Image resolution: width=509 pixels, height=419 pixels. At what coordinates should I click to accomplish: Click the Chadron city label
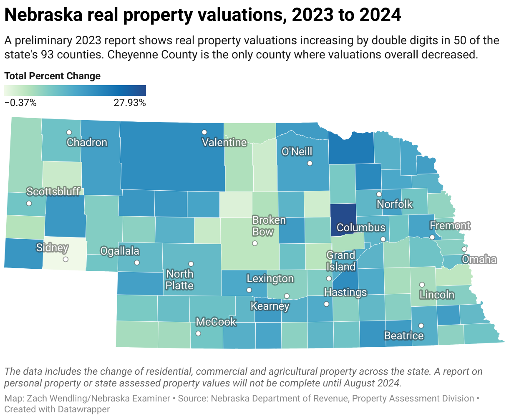click(87, 143)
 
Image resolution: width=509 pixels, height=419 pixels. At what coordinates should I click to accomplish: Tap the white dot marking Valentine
click(204, 132)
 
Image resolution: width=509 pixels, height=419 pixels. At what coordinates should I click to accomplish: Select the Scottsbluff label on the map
click(53, 192)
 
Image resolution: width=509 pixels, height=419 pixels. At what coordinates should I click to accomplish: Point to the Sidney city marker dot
click(66, 259)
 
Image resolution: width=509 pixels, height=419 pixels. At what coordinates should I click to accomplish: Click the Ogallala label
click(120, 251)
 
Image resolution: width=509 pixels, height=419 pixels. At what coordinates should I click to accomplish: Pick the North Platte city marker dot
click(191, 264)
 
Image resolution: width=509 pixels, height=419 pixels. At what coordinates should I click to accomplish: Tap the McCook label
click(216, 322)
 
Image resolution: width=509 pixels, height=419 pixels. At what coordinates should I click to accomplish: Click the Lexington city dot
click(249, 290)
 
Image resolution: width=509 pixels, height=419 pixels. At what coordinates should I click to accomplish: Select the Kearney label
click(270, 306)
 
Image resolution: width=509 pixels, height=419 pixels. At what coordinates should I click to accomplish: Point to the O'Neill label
click(297, 151)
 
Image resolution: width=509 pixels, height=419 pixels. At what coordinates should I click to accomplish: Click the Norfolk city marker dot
click(379, 194)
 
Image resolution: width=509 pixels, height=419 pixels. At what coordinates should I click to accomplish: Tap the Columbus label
click(361, 228)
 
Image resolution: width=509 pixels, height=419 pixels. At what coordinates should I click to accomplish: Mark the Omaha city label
click(479, 260)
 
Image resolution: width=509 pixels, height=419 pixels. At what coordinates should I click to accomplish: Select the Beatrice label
click(403, 336)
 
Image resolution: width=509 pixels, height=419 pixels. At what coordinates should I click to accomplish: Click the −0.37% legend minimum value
click(20, 103)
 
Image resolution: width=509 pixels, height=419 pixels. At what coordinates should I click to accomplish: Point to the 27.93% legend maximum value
click(129, 103)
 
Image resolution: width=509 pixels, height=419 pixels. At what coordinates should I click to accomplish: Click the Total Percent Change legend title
click(52, 76)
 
